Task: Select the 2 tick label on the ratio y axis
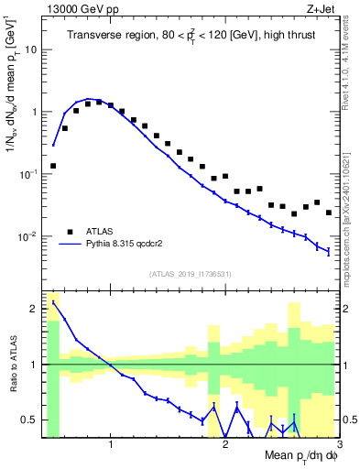point(35,309)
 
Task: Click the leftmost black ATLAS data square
point(53,166)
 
